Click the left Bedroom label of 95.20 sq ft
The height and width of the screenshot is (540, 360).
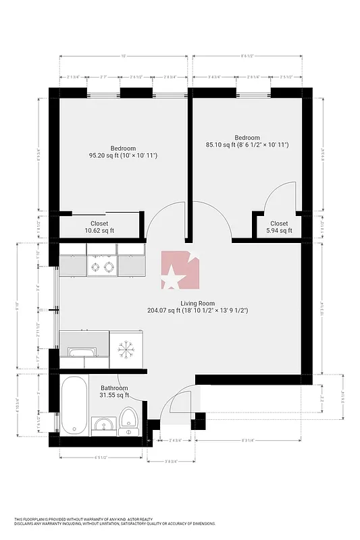[123, 148]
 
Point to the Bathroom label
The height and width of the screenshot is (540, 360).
[114, 388]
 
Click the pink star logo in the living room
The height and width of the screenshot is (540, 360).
[180, 271]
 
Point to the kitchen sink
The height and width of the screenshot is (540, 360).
[82, 351]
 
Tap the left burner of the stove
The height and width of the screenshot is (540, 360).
[95, 267]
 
